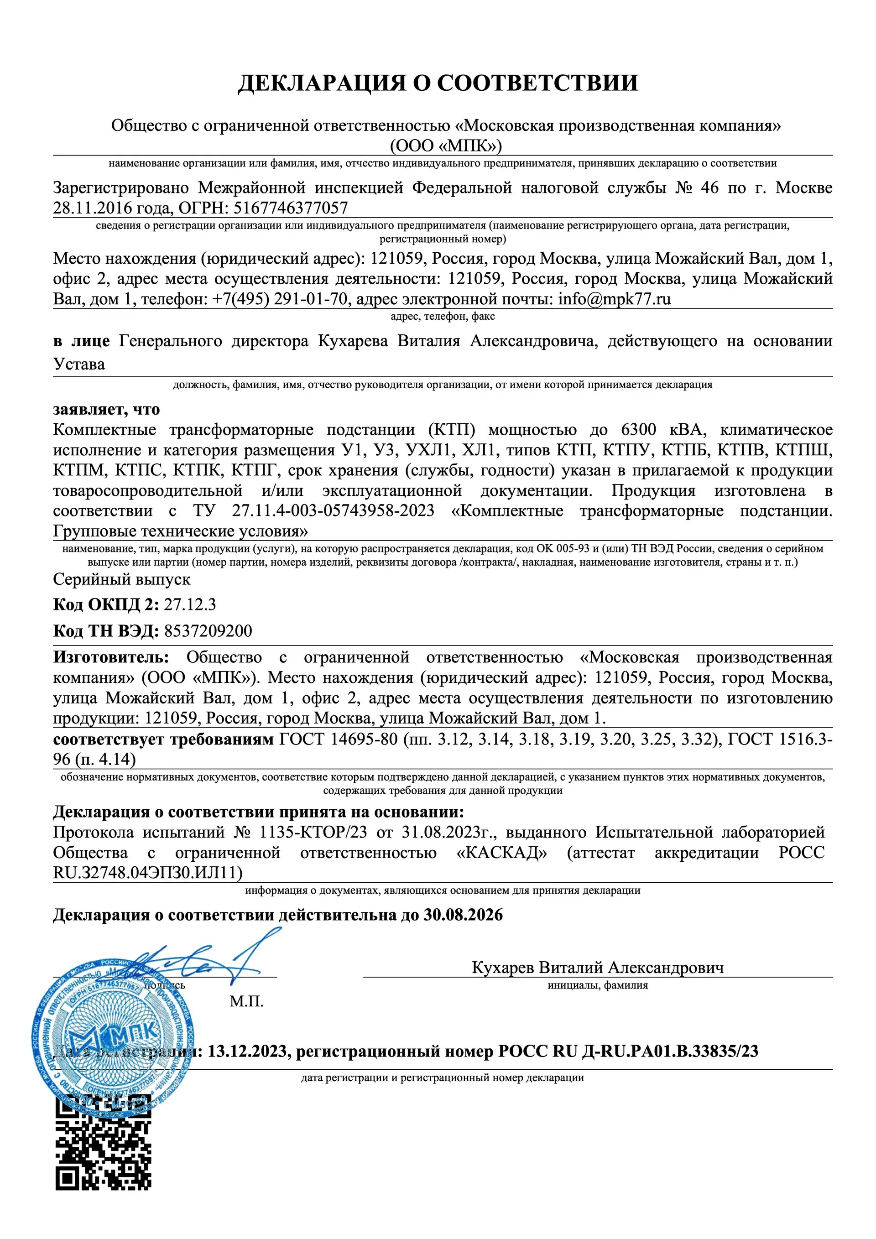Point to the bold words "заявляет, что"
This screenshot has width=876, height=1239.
(x=106, y=410)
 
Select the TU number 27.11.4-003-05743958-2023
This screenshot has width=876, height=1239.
(x=333, y=510)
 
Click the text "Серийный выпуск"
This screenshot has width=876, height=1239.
(x=121, y=579)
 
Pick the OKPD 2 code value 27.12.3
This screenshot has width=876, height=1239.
(x=189, y=604)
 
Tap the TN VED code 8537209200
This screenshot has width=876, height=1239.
(x=208, y=630)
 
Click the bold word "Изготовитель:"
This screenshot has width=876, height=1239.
(x=111, y=657)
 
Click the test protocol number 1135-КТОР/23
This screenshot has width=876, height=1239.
(x=313, y=832)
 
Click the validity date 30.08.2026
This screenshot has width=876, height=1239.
(x=463, y=915)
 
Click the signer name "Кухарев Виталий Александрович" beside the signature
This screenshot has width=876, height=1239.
(x=598, y=968)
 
